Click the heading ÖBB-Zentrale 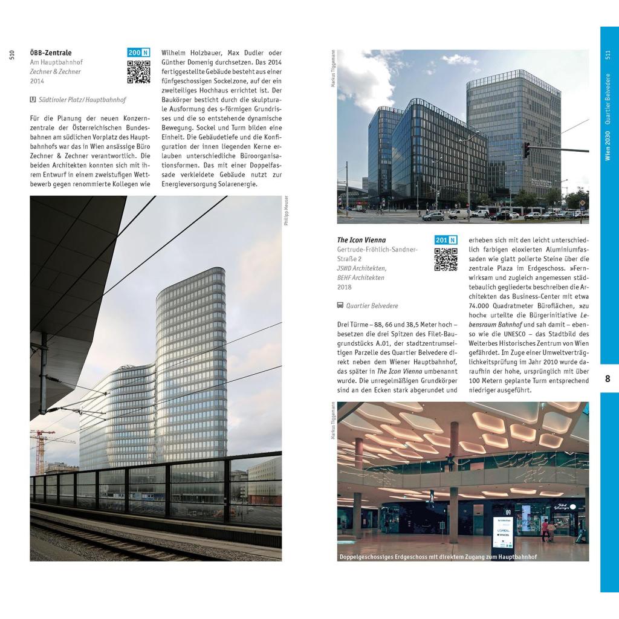(51, 53)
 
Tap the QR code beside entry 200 (138, 72)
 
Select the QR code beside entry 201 (446, 259)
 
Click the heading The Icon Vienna (361, 240)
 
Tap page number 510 (11, 55)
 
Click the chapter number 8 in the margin (608, 379)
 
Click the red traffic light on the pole (526, 150)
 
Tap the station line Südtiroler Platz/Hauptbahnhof (82, 100)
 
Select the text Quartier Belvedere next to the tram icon (372, 306)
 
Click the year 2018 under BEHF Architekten (344, 287)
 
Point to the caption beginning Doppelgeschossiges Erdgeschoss (438, 556)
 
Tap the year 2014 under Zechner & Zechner (37, 81)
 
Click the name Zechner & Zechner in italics (55, 71)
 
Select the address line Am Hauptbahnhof (56, 62)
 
